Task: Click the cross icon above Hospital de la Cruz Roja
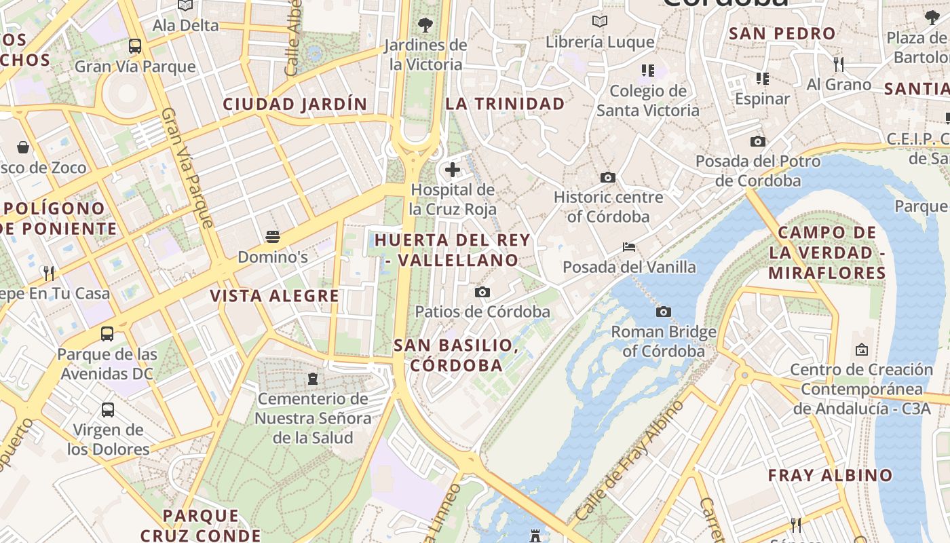coord(453,170)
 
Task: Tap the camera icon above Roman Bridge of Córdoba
coord(664,312)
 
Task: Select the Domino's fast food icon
coord(273,237)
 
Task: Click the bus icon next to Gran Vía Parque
coord(135,46)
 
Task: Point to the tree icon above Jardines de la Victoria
coord(425,25)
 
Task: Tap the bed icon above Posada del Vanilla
coord(629,247)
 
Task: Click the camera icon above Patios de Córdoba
coord(482,293)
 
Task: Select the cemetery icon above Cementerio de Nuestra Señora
coord(313,378)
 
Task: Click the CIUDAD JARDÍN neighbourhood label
coord(295,104)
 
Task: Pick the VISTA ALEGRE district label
coord(274,296)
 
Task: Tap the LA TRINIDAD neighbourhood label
coord(505,104)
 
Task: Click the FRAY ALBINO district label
coord(830,475)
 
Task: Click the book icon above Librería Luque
coord(600,22)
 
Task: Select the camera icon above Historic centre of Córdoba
coord(608,178)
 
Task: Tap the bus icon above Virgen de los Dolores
coord(108,410)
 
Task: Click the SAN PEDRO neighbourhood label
coord(782,33)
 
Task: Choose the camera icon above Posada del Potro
coord(758,142)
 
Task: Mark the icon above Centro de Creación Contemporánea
coord(862,350)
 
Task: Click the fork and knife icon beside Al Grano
coord(839,64)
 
